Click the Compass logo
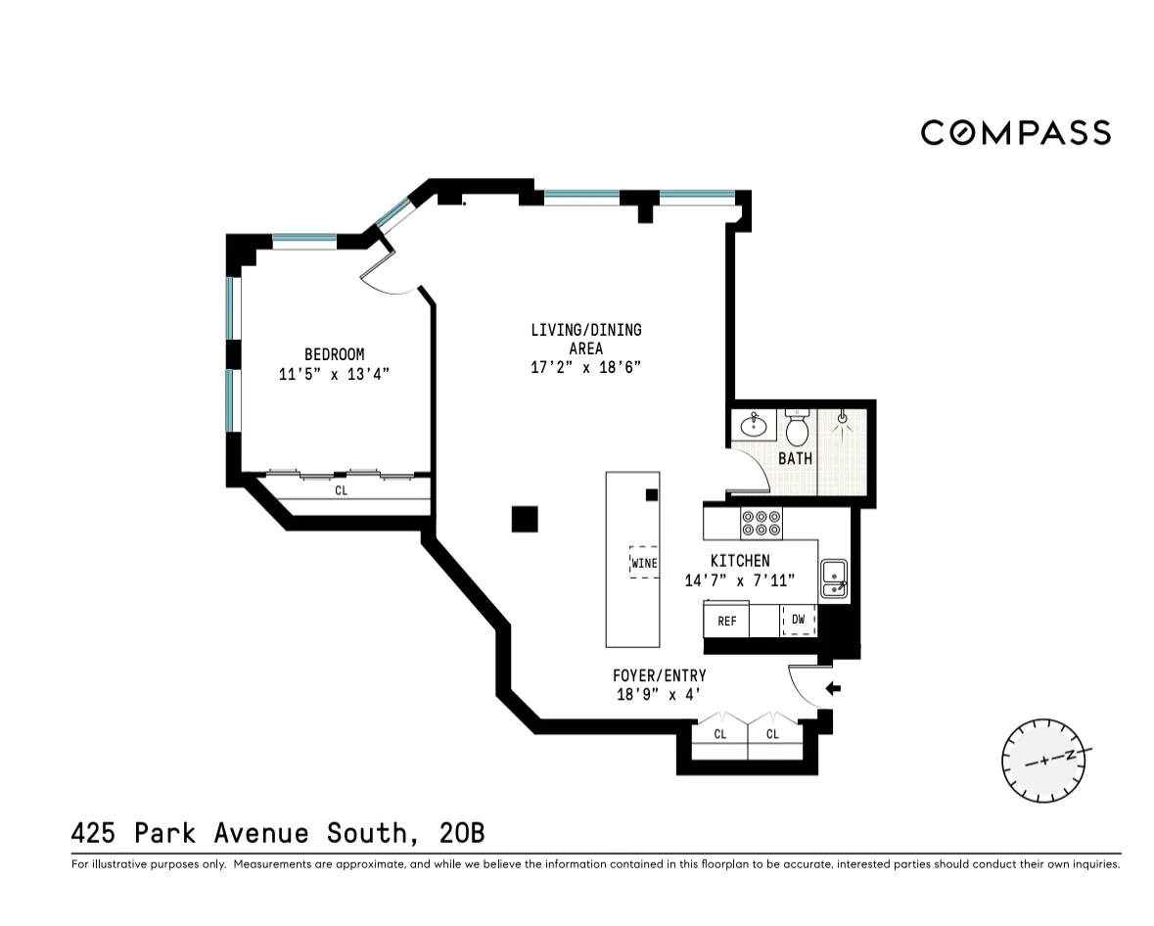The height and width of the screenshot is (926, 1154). point(1015,132)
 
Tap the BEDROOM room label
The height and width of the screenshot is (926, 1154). point(334,354)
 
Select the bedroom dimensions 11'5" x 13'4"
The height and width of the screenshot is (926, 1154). point(334,374)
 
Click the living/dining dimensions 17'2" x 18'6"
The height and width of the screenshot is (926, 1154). point(585,368)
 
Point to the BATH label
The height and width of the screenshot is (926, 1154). point(795,458)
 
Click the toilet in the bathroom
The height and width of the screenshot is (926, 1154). point(797,428)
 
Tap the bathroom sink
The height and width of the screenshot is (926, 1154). point(754,426)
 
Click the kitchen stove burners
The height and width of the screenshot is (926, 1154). point(760,524)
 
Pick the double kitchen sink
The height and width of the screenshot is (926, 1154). point(833,578)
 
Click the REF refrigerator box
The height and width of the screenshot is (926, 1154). point(726,621)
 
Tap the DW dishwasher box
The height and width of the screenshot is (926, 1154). point(798,620)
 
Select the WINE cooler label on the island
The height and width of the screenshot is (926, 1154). point(643,563)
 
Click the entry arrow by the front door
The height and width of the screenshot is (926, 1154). point(833,689)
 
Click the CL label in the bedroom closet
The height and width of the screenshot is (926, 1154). point(341,491)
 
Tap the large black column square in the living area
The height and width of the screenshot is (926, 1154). point(525,519)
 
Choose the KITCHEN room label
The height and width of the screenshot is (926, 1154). point(739,561)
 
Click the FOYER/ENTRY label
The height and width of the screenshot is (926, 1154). point(659,675)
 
